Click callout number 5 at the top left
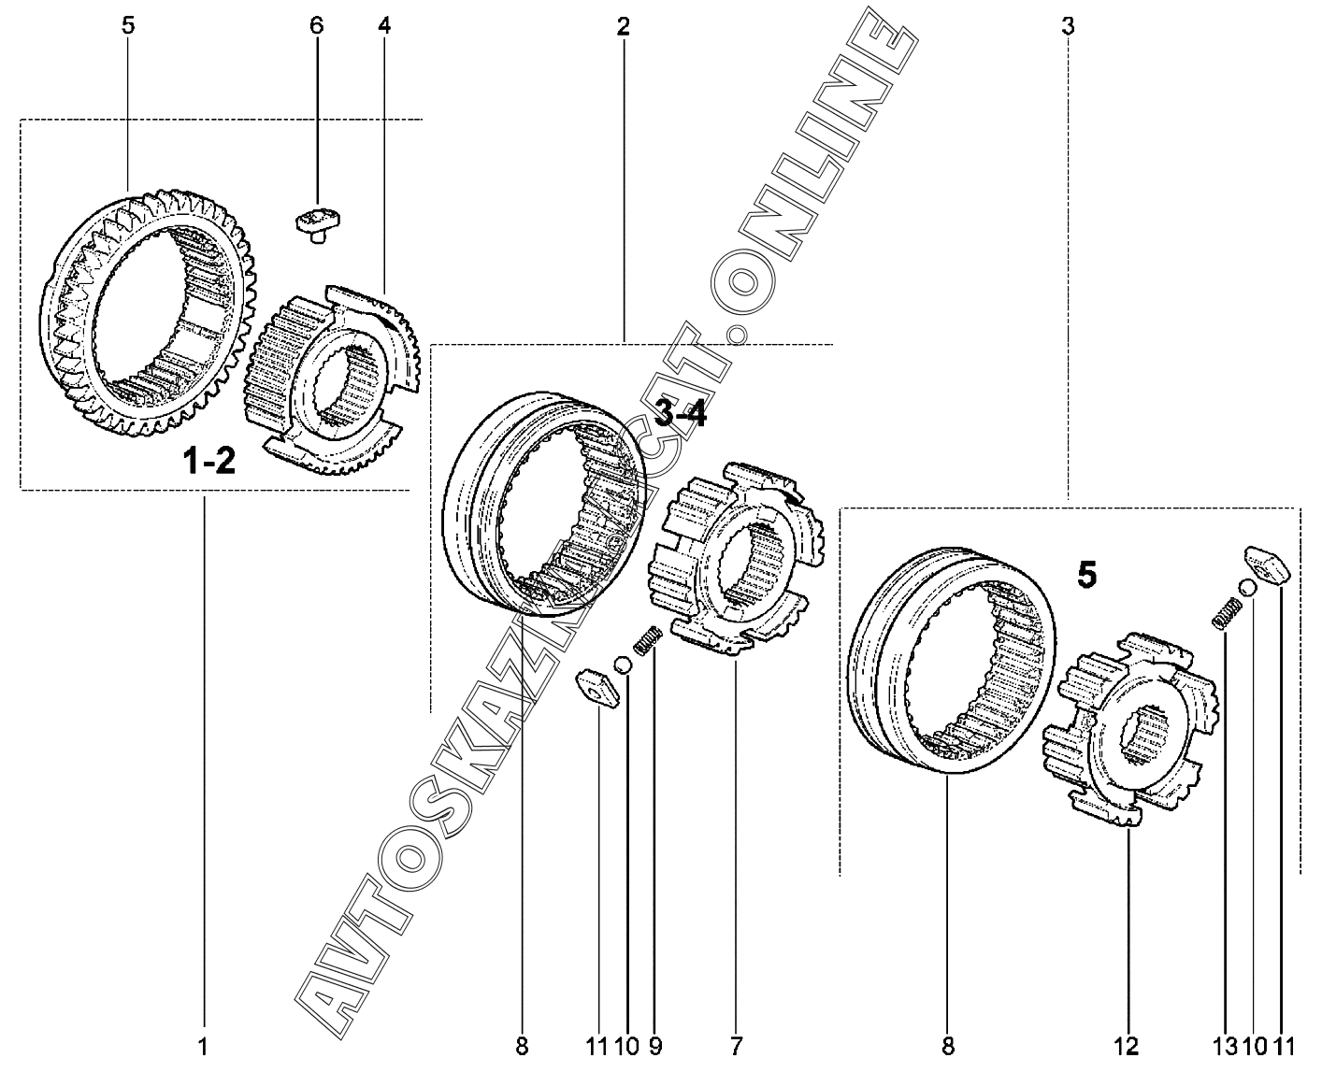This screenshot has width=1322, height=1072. tap(128, 26)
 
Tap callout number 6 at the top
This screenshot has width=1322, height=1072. tap(317, 26)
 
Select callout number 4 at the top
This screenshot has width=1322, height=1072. tap(384, 26)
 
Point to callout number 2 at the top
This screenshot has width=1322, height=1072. tap(624, 26)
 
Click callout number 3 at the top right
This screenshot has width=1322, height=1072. tap(1068, 26)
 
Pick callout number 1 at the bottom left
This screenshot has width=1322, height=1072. tap(203, 1047)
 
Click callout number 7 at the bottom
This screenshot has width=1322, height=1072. tap(736, 1047)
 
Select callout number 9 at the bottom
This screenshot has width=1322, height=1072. tap(655, 1047)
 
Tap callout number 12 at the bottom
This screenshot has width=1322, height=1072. tap(1127, 1047)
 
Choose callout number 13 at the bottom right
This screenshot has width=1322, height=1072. tap(1225, 1047)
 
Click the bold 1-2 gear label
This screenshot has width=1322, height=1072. tap(209, 463)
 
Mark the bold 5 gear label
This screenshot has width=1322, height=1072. tap(1086, 575)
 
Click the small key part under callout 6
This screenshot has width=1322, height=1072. tap(321, 224)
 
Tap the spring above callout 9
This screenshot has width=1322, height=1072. tap(648, 640)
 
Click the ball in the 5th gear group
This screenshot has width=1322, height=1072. tap(1248, 587)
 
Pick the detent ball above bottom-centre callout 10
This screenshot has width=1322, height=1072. tap(623, 666)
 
